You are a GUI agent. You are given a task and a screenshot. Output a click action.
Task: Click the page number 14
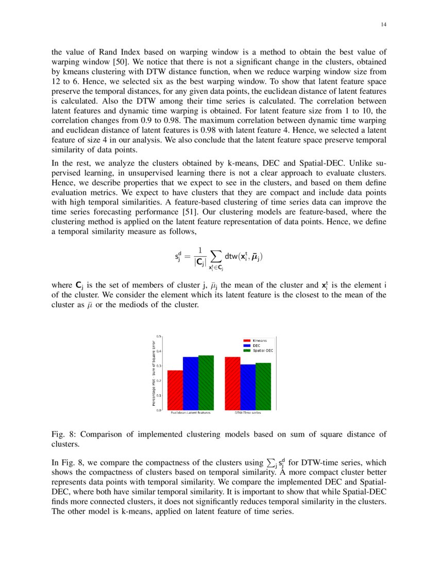click(383, 24)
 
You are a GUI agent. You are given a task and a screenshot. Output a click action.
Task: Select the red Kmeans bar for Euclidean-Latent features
click(175, 390)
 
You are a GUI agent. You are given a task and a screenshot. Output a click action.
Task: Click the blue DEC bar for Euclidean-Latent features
click(191, 383)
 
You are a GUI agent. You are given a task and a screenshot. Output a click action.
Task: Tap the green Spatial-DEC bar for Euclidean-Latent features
click(206, 382)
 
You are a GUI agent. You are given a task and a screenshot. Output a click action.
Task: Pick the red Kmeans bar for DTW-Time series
click(232, 383)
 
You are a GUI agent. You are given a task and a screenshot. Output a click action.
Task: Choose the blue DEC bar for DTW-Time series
click(248, 387)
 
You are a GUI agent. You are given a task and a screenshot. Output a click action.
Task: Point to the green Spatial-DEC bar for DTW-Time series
click(263, 387)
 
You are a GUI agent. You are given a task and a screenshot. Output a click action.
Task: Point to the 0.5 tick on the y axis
click(159, 336)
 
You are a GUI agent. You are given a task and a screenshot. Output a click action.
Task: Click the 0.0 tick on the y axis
click(159, 410)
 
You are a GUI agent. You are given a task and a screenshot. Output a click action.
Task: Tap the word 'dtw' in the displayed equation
click(232, 256)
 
